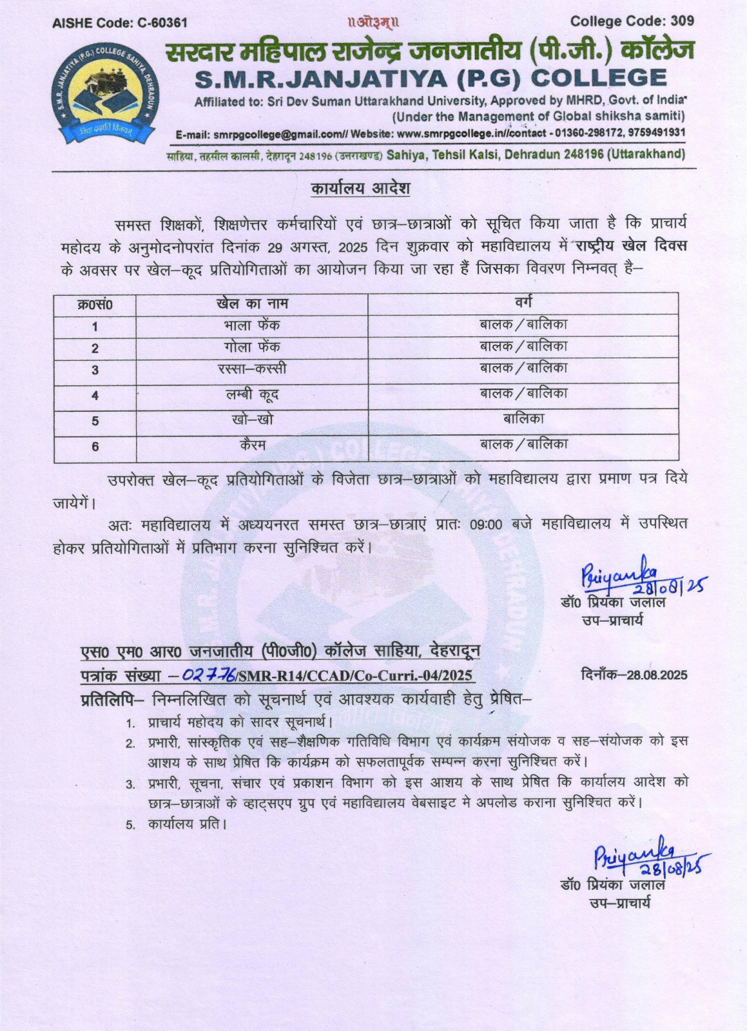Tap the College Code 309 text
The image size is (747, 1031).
pos(632,21)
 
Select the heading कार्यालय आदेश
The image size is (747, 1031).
pos(360,189)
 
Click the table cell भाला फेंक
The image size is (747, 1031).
pos(252,325)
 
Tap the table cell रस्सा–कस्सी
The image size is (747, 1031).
pos(252,369)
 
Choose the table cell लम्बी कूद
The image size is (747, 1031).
pos(252,394)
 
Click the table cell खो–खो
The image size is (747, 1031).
pos(252,419)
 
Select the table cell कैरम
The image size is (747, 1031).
pos(252,444)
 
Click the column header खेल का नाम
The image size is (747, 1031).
pos(252,303)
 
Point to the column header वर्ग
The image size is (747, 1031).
pos(523,302)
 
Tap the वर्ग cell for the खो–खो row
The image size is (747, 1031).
pos(523,419)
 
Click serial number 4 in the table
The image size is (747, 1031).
pos(95,395)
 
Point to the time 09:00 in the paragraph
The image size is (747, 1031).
pos(485,525)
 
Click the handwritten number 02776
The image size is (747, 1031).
pos(208,675)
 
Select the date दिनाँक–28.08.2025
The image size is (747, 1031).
pos(634,675)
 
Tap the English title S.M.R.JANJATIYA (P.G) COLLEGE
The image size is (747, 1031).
pos(430,79)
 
